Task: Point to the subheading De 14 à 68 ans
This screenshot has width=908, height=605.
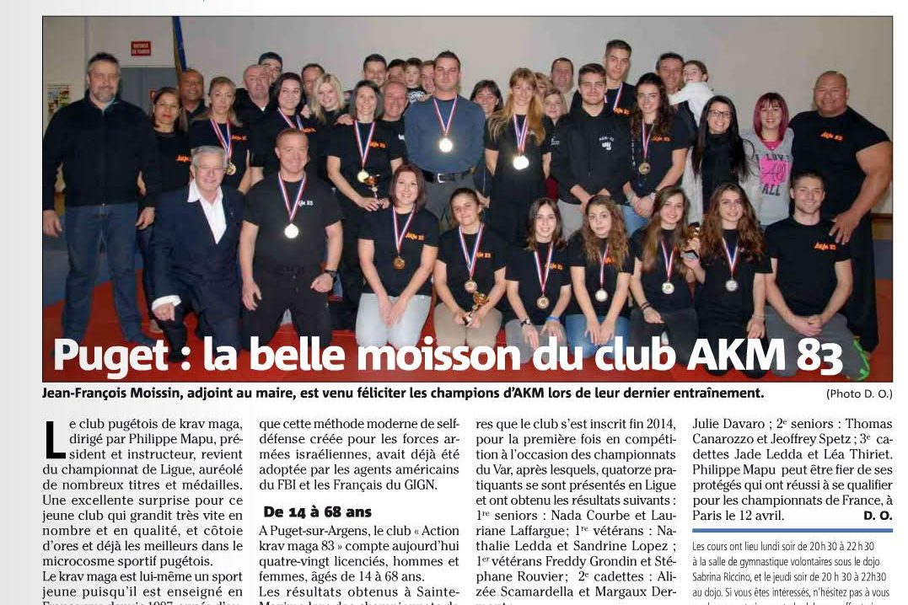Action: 317,511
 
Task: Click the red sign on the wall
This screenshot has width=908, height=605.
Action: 140,49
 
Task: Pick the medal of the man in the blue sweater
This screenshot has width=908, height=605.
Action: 445,144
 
